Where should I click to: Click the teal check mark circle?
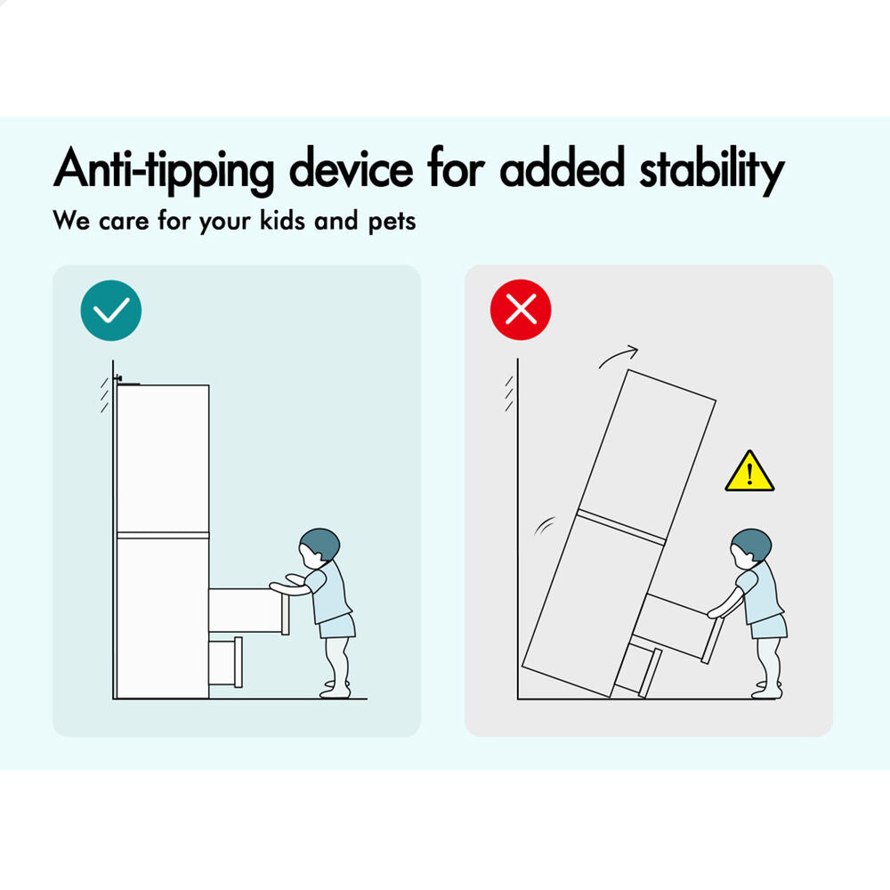pos(110,311)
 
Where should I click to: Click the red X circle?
pos(521,310)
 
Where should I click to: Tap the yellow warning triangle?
pos(749,471)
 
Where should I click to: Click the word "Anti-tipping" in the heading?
pos(164,169)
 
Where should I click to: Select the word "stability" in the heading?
pos(712,169)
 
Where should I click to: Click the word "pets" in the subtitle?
pos(392,222)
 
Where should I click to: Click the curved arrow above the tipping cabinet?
pos(619,357)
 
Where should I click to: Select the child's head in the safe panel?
pos(319,547)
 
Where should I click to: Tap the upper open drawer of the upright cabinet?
pos(249,611)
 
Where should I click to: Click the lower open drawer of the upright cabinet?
pos(226,662)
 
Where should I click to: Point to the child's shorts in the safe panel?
pos(337,626)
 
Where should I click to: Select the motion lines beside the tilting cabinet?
pos(545,526)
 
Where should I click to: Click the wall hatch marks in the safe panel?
pos(105,395)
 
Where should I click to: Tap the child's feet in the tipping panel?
pos(767,690)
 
